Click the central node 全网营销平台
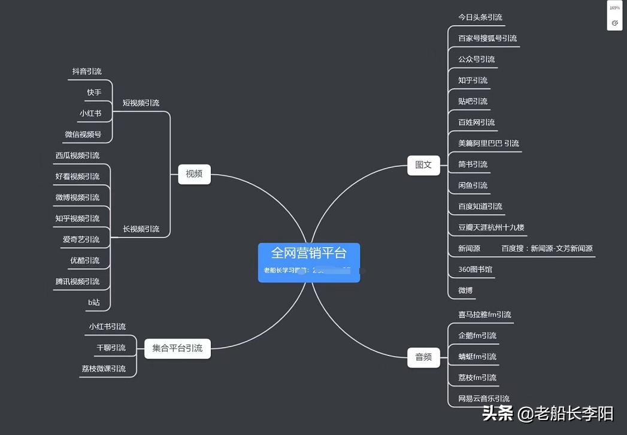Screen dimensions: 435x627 point(308,254)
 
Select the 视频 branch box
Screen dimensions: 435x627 point(194,174)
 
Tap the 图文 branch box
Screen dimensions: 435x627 point(423,165)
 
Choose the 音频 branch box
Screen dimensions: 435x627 point(423,357)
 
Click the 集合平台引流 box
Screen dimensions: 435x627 point(177,348)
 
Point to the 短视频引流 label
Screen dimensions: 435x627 point(141,103)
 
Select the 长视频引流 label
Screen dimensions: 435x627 point(141,229)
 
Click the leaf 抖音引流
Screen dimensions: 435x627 point(87,72)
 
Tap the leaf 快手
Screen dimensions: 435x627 point(94,93)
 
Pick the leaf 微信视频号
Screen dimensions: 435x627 point(83,135)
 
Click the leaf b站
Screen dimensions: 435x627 point(94,303)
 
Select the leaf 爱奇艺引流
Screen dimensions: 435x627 point(81,239)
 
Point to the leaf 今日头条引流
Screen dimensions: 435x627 point(480,17)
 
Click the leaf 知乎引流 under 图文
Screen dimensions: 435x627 point(472,80)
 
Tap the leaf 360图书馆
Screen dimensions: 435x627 point(475,270)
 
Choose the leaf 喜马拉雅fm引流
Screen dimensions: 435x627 point(484,315)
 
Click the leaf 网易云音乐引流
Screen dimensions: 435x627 point(484,399)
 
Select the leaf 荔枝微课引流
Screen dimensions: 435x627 point(104,369)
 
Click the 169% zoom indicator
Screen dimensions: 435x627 point(614,8)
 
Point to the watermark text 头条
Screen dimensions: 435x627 point(498,413)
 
